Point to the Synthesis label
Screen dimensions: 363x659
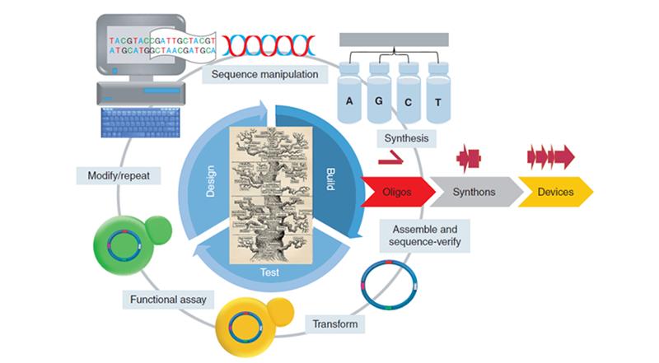[405, 139]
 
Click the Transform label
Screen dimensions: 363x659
[335, 323]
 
